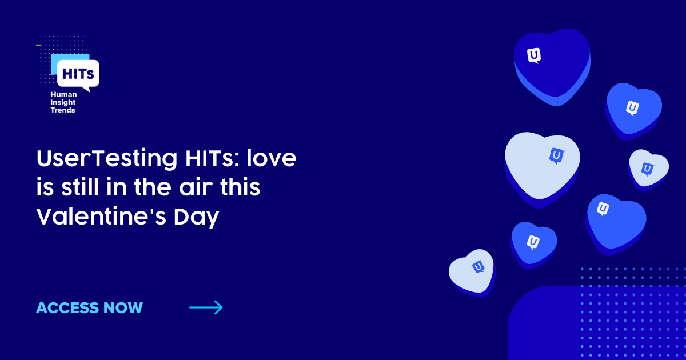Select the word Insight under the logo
(x=63, y=103)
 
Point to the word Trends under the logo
(x=63, y=110)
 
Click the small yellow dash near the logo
(x=38, y=45)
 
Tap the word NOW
(x=123, y=308)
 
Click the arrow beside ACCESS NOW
(x=206, y=308)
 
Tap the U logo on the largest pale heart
(x=556, y=155)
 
